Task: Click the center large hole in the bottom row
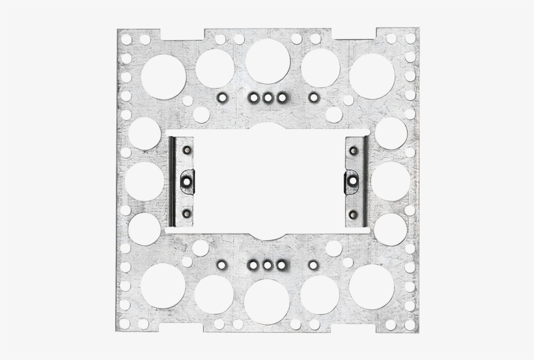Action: pos(268,301)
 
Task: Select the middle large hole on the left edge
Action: pos(145,180)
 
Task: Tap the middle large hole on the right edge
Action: pos(390,180)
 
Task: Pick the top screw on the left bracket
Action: pos(187,150)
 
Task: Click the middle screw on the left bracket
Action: pos(186,180)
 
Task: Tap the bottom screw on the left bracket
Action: pos(187,212)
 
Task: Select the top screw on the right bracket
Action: pos(354,151)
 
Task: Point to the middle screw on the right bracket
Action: pos(352,180)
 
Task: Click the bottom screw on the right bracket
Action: pos(354,212)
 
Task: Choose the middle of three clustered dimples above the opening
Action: pos(268,98)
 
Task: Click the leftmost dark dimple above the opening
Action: pos(221,98)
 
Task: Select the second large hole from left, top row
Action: pos(215,67)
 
